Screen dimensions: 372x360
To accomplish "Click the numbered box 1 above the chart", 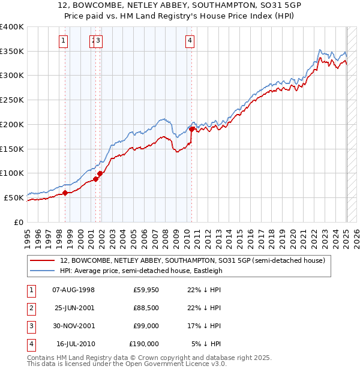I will [64, 41].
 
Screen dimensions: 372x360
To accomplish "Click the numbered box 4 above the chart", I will [190, 41].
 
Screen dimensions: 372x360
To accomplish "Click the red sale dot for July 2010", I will [191, 129].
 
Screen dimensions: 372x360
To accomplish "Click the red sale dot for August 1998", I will [65, 193].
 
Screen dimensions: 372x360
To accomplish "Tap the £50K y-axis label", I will [14, 197].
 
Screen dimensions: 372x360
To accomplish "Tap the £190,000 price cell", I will [144, 344].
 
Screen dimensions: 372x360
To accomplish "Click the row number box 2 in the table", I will [31, 308].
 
